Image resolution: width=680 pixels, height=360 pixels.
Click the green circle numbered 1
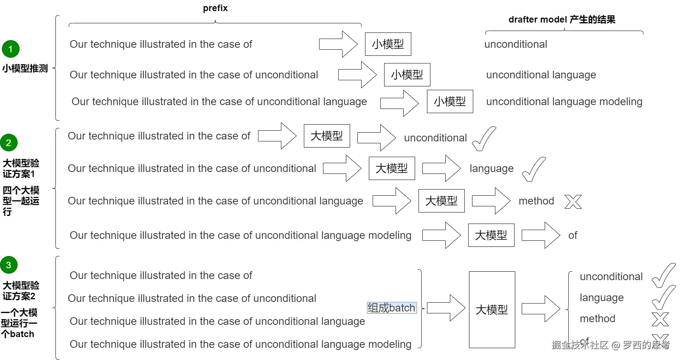[x=10, y=49]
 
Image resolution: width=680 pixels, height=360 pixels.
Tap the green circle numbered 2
[x=9, y=143]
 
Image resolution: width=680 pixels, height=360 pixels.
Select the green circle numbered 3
[x=9, y=265]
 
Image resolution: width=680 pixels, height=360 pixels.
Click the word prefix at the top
[x=215, y=8]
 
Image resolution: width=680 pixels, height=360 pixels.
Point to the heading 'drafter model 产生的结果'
[x=562, y=19]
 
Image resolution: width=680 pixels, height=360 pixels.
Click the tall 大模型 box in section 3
[x=492, y=310]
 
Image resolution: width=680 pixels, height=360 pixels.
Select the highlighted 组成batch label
[x=391, y=308]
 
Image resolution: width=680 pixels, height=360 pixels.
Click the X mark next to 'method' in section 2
[x=573, y=201]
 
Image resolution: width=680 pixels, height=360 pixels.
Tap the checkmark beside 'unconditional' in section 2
[x=484, y=138]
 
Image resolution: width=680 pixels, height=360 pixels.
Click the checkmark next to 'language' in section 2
[x=534, y=169]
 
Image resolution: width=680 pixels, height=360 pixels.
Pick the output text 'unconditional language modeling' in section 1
[x=564, y=102]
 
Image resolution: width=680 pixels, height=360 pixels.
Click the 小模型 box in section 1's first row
[x=388, y=44]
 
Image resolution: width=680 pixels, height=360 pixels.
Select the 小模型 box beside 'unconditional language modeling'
[x=450, y=102]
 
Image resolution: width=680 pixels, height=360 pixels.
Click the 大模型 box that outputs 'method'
[x=441, y=201]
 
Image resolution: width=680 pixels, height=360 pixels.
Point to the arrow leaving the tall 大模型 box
[x=541, y=308]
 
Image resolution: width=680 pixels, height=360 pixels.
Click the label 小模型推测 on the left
[x=25, y=68]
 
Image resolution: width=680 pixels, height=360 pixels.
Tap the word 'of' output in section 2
[x=573, y=235]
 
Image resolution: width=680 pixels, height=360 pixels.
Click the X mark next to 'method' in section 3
[x=661, y=319]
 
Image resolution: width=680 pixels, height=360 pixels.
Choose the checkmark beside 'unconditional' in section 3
[x=664, y=276]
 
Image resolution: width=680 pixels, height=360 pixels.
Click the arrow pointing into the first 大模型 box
[x=277, y=136]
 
